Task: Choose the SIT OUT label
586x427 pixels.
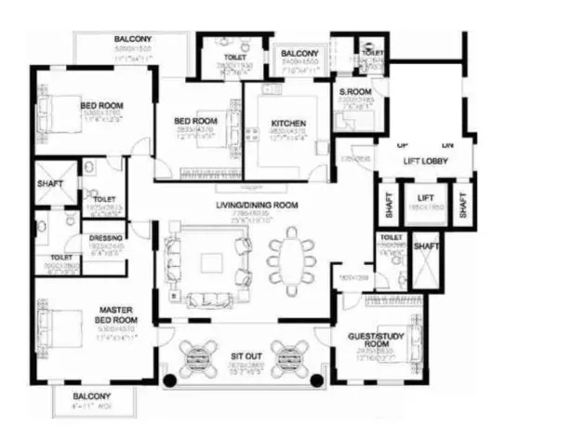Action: [247, 355]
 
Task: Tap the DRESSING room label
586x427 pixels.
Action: [105, 238]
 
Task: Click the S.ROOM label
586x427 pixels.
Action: [355, 92]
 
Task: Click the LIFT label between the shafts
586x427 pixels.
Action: [426, 197]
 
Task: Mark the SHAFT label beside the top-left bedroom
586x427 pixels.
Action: [50, 183]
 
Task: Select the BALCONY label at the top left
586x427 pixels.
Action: [133, 39]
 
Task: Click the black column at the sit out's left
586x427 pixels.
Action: [168, 380]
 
